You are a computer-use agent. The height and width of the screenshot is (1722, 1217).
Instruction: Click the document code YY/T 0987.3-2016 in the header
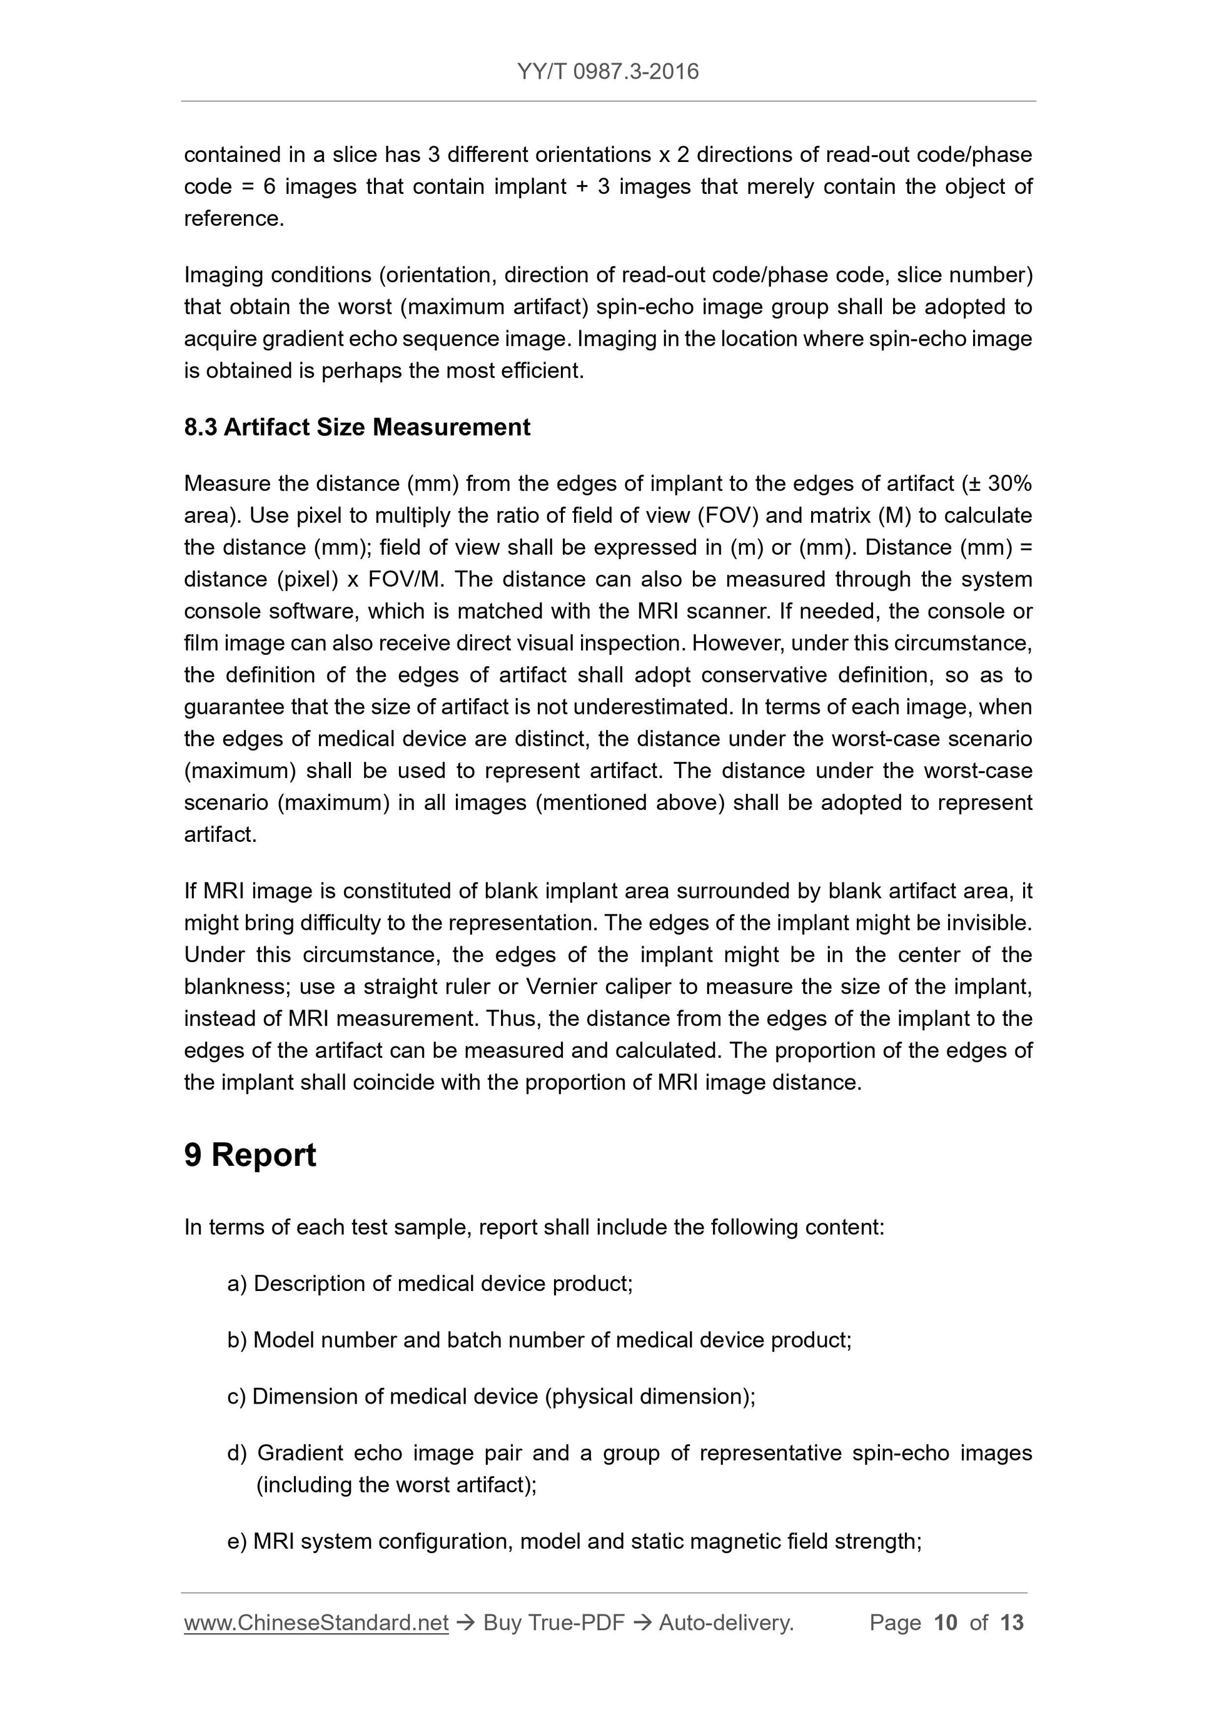607,71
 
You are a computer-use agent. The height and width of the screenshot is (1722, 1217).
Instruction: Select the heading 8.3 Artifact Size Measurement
357,427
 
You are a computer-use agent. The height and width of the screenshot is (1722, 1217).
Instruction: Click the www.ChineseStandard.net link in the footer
316,1623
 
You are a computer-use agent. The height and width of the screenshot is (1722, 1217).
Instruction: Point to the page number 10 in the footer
946,1623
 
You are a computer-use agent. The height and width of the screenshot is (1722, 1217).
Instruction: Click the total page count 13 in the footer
1011,1623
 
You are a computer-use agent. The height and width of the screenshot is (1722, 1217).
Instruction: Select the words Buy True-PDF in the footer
553,1623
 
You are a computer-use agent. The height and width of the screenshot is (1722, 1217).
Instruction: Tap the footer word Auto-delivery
726,1623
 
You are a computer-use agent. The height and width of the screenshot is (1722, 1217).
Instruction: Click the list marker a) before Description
237,1284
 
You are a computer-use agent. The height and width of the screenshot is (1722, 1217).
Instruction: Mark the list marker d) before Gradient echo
237,1453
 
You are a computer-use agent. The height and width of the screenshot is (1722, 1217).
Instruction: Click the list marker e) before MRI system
237,1541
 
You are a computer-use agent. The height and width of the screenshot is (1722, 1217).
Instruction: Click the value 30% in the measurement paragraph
1009,484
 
